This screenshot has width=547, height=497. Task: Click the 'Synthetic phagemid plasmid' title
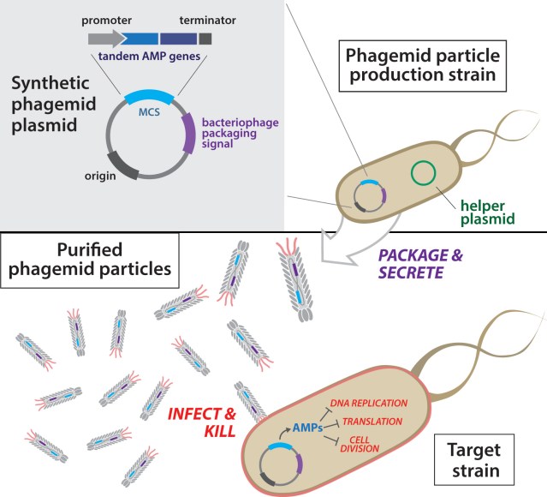tap(52, 110)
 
